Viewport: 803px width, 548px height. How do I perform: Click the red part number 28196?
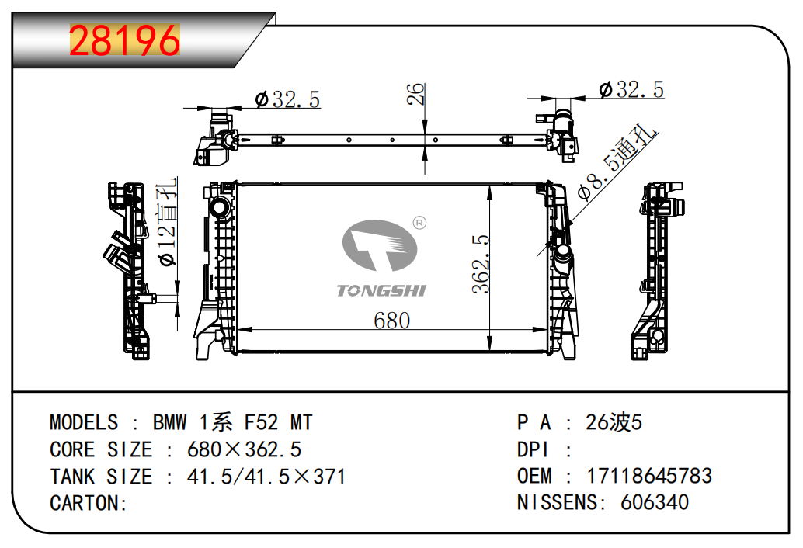(124, 40)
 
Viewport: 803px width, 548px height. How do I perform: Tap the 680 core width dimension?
(391, 321)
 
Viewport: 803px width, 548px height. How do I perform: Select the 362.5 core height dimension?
(481, 264)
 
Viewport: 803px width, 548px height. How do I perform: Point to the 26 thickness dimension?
(415, 94)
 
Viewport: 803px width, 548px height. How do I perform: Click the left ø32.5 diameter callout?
(287, 99)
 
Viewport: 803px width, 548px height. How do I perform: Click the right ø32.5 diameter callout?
(631, 89)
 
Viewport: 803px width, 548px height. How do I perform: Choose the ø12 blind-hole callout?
(168, 221)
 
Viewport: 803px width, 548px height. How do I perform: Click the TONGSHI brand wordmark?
(381, 290)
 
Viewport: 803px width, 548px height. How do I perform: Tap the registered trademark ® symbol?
(419, 223)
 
